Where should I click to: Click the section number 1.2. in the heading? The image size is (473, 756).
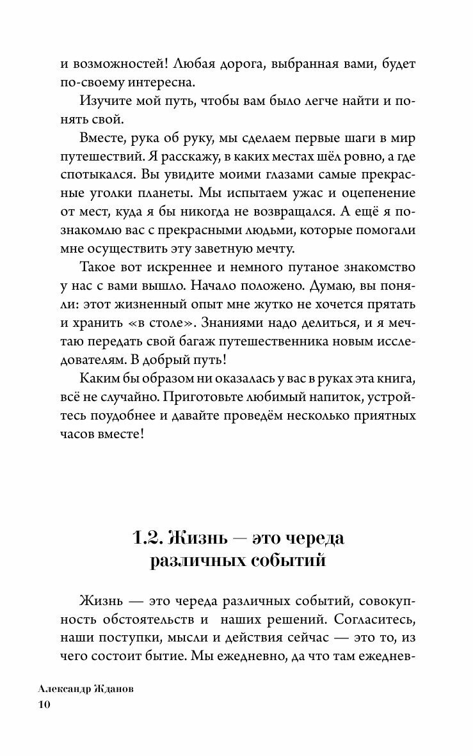[x=148, y=538]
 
